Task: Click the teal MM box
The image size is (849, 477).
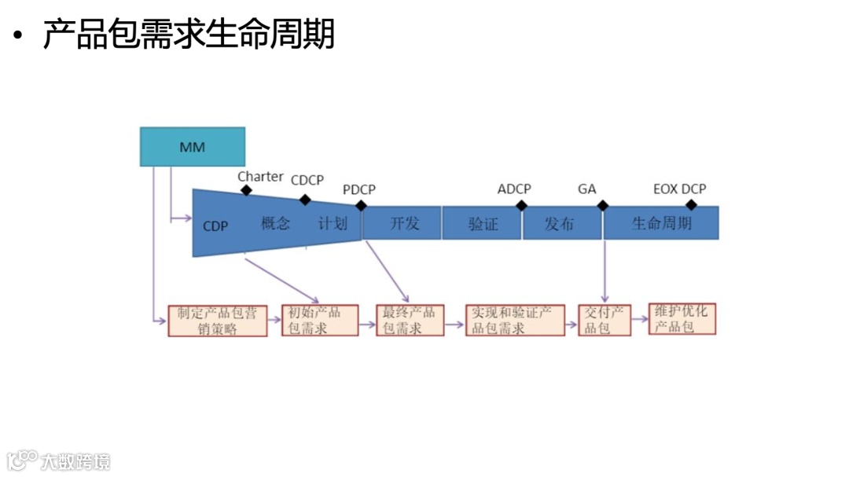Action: point(193,147)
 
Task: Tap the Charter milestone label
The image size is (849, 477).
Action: point(260,177)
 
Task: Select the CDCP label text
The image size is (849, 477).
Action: point(307,180)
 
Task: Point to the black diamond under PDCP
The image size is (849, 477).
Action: point(361,206)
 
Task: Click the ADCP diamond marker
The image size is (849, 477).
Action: point(521,206)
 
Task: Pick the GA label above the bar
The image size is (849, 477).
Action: point(587,189)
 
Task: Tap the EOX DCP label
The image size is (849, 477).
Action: point(680,189)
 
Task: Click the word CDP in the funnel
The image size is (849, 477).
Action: point(215,226)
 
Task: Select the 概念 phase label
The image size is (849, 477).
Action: point(275,223)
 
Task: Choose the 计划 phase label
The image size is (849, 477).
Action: point(332,223)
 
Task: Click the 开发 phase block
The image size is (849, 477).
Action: point(404,223)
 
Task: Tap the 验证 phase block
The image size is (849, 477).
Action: point(483,224)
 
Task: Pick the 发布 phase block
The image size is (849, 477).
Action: point(560,224)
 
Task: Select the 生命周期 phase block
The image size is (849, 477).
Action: point(662,223)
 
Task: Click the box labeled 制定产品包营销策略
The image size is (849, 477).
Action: point(217,321)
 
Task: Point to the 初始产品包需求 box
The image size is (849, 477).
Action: point(320,321)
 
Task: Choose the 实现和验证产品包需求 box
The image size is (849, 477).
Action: point(515,321)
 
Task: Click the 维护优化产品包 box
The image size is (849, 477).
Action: point(682,319)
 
